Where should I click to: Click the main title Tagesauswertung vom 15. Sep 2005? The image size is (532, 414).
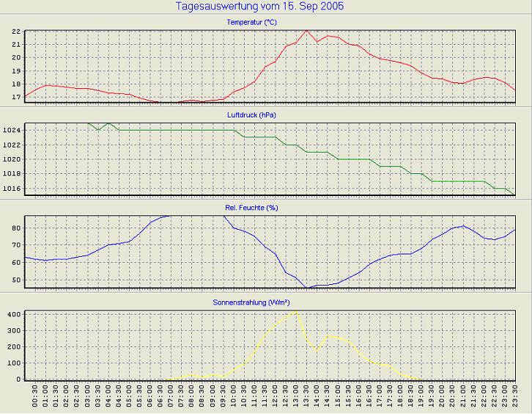[x=260, y=7]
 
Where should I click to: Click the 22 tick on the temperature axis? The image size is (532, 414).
[x=15, y=32]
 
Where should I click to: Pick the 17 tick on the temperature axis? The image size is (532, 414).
[x=15, y=96]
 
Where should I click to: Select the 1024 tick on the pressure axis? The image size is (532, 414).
[x=12, y=130]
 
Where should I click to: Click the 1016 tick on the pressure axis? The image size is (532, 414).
[x=12, y=189]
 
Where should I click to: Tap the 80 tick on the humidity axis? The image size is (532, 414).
[x=15, y=228]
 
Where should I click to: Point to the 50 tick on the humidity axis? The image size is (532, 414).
[x=15, y=280]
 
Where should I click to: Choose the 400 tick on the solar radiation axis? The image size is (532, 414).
[x=13, y=314]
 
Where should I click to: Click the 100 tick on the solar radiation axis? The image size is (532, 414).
[x=13, y=363]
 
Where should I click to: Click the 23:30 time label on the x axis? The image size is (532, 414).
[x=515, y=399]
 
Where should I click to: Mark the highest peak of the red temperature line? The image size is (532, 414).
[x=306, y=31]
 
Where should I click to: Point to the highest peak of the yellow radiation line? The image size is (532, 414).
[x=295, y=311]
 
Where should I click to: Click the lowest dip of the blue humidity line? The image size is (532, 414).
[x=308, y=288]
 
